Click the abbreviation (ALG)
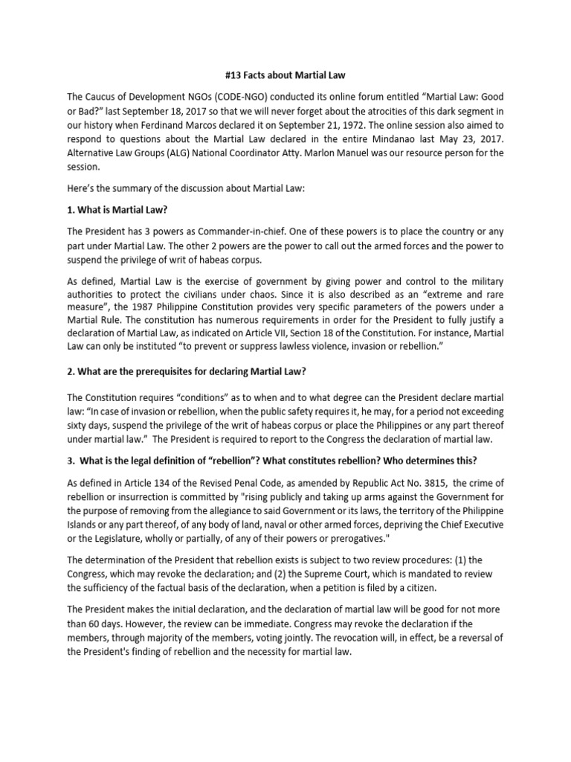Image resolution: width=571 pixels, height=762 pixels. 181,153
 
